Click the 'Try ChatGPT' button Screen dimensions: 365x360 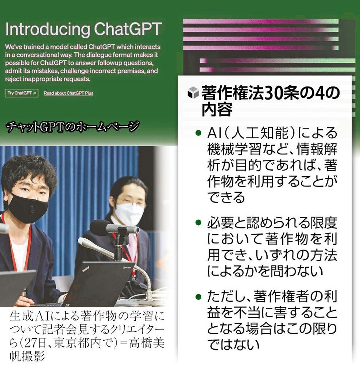(22, 93)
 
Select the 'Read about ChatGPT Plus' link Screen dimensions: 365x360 (69, 93)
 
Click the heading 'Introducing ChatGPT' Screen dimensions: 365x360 (84, 29)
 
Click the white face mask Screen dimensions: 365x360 (129, 214)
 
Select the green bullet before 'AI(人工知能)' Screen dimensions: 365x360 (198, 132)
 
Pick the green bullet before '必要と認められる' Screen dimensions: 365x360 (198, 222)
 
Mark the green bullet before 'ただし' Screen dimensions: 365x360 (198, 296)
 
